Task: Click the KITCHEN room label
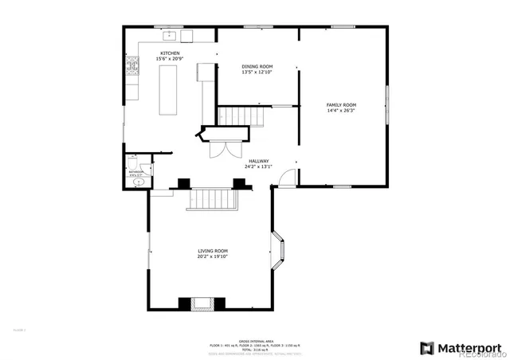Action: pos(169,53)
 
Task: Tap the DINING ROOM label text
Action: pos(257,66)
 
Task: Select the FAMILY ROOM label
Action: pos(341,105)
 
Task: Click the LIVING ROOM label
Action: pos(213,251)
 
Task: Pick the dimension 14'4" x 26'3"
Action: pos(341,111)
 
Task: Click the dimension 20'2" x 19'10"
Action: pos(213,257)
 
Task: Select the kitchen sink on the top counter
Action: pos(168,36)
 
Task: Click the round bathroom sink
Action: pos(139,182)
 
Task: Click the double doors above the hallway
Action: pos(218,148)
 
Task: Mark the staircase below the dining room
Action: pos(241,116)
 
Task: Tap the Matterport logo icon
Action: pos(427,347)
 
